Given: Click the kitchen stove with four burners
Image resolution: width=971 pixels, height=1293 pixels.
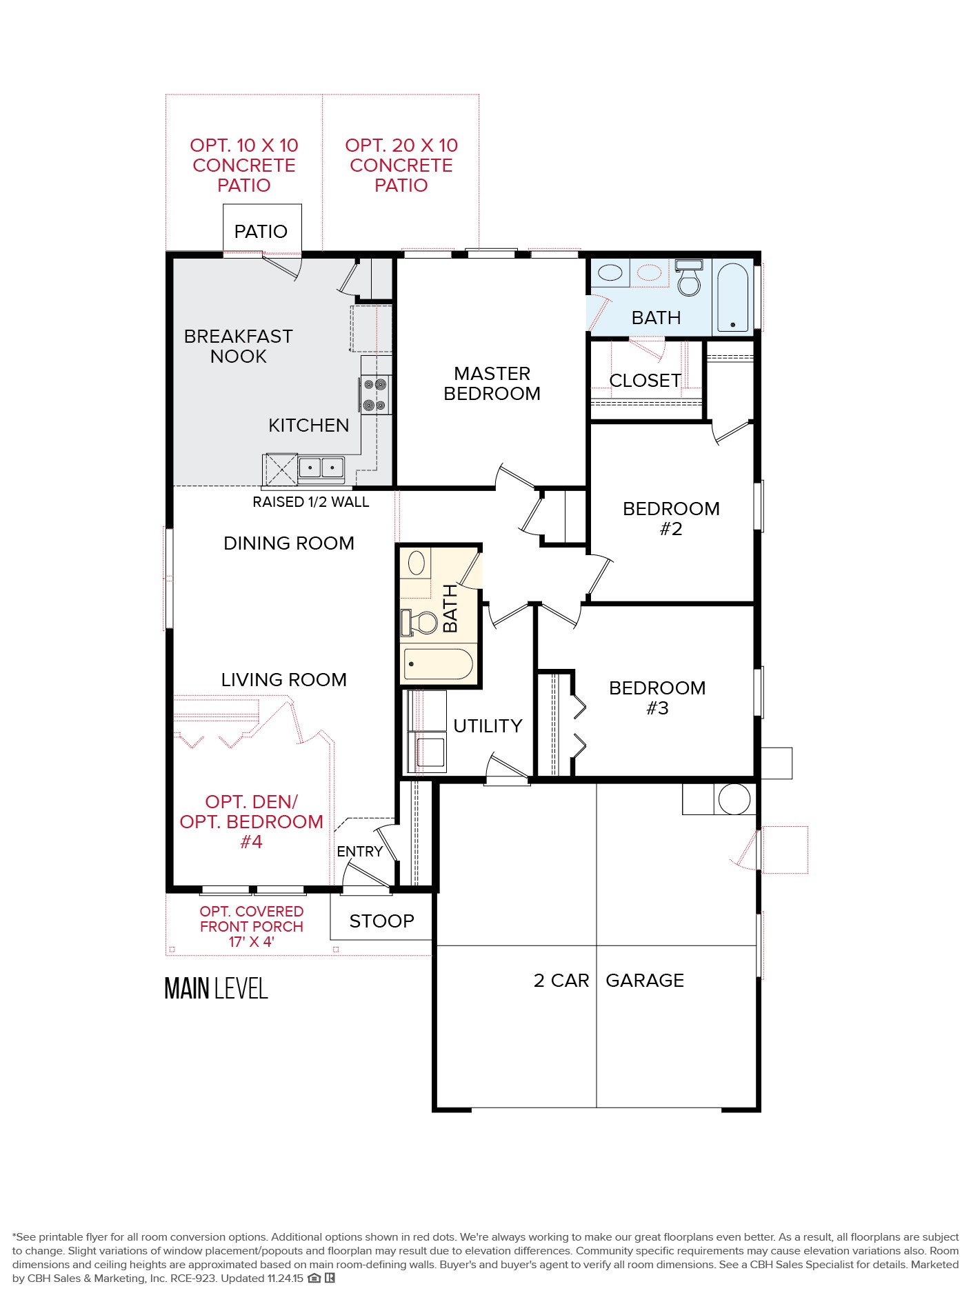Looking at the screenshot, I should pos(375,394).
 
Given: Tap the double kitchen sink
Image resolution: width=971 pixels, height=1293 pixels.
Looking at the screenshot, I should pos(321,468).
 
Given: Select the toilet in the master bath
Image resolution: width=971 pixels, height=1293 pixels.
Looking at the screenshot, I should pos(688,278).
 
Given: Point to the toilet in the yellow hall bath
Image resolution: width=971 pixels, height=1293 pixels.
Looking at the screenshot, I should pos(421,622).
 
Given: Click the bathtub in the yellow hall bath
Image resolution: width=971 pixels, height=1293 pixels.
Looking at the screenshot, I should pos(439,663).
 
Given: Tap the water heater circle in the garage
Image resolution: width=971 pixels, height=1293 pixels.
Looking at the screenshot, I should pos(734,799).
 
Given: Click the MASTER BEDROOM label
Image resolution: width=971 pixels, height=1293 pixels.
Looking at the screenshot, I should pos(492,383).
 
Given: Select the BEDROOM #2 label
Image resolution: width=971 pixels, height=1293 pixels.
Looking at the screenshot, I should pos(670,519).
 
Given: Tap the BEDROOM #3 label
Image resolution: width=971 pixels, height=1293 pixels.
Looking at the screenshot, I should pos(657,698).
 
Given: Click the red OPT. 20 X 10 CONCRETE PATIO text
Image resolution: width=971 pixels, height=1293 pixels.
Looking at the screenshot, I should pos(401,166).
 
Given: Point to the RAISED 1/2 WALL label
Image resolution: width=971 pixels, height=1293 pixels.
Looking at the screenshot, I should pos(310,502).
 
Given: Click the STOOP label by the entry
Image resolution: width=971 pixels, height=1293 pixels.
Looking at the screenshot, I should pos(381,921).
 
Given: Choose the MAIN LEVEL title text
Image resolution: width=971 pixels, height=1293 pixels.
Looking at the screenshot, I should pos(216,988).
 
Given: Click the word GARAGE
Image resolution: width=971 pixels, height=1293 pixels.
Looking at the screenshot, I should pos(644,981).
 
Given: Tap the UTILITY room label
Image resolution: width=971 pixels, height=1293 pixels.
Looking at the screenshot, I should pos(488,726).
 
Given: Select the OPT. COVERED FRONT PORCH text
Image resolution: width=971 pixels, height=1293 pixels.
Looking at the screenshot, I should pos(252,927).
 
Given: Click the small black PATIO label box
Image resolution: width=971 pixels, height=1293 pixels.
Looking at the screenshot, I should pos(261,231).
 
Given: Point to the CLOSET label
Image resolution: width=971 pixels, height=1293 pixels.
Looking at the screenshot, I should pos(645,381).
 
